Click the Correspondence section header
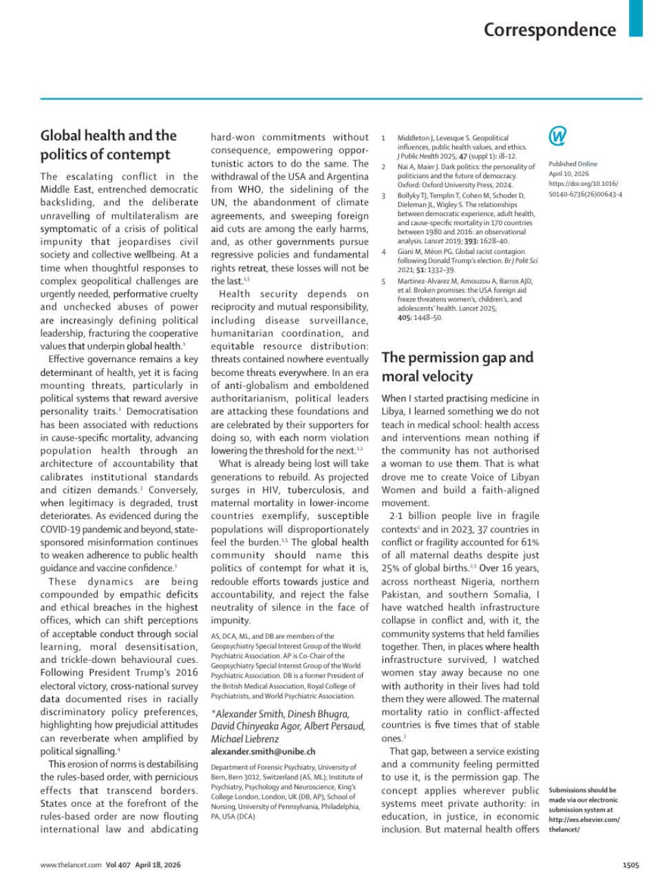point(549,30)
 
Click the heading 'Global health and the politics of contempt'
point(108,145)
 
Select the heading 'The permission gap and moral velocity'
point(457,366)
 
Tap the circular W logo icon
point(557,136)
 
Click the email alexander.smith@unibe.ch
point(263,752)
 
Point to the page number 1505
point(630,865)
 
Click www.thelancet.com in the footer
point(70,865)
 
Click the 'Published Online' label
point(573,164)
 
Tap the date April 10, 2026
point(568,174)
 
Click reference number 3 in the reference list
point(384,195)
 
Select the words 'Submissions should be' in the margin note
point(582,790)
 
